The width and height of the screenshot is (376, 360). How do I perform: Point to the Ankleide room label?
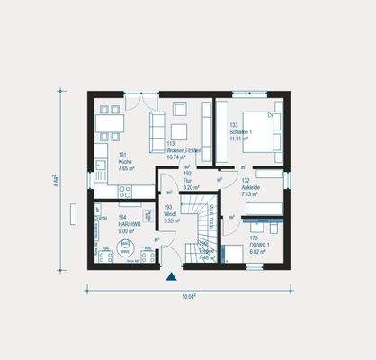pyautogui.click(x=251, y=185)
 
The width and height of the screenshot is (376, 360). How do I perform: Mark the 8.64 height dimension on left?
pyautogui.click(x=56, y=180)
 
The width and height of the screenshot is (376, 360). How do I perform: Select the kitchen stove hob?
pyautogui.click(x=125, y=191)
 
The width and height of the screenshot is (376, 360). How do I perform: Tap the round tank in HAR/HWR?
pyautogui.click(x=127, y=247)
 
